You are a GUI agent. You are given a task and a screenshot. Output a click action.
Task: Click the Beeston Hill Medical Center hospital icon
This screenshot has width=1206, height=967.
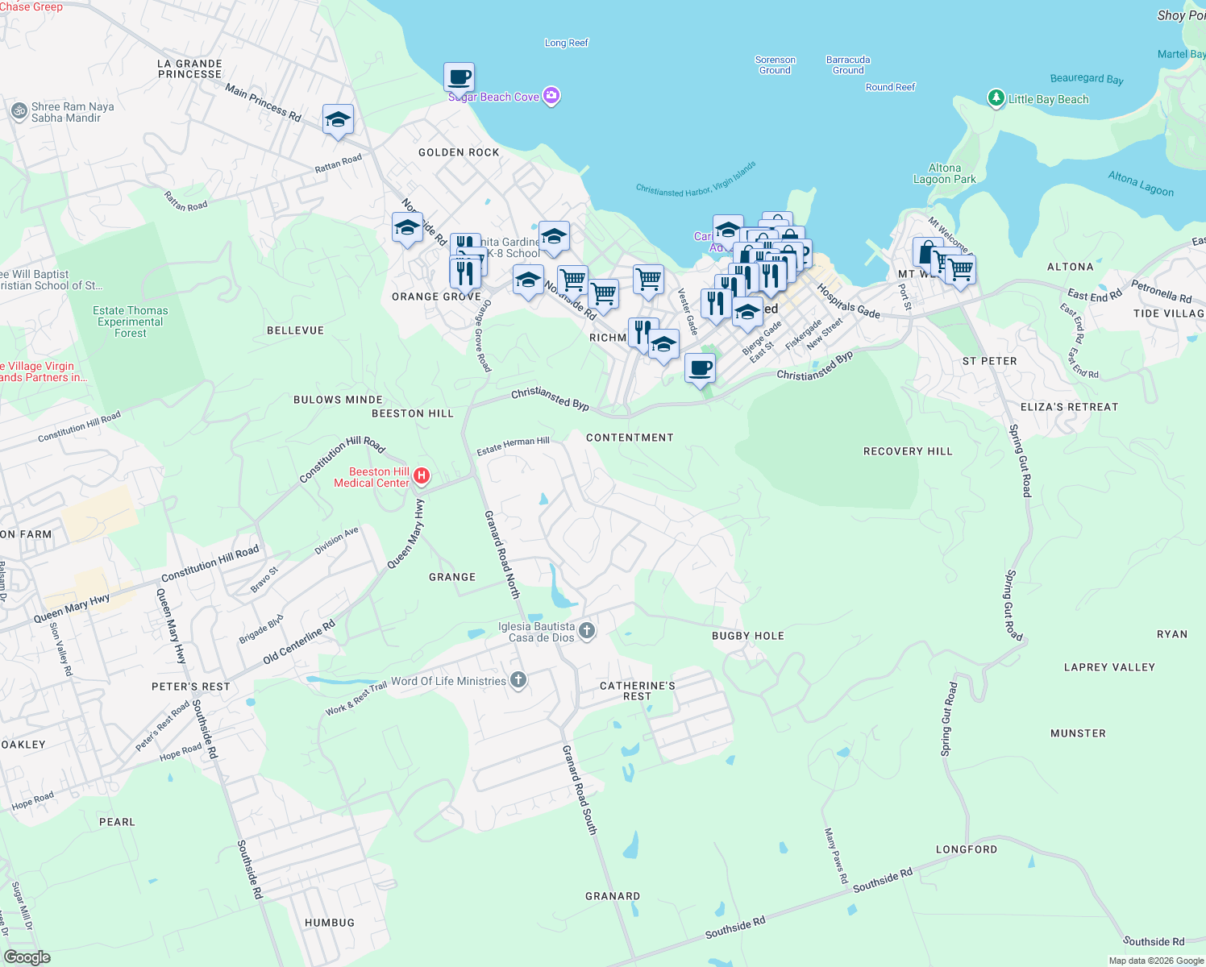point(421,477)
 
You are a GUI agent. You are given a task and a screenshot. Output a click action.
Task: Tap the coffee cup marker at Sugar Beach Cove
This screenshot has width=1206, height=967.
point(459,77)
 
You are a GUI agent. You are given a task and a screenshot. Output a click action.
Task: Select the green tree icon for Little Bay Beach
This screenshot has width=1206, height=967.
point(996,98)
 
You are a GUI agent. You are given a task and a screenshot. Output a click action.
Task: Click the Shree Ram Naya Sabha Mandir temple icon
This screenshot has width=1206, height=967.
point(19,111)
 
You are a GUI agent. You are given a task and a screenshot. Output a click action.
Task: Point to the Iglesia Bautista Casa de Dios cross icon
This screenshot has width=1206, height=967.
point(587,631)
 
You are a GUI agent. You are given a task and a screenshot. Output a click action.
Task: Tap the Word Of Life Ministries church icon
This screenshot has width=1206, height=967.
point(518,681)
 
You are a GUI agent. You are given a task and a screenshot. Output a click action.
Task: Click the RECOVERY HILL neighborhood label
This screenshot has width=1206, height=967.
point(908,451)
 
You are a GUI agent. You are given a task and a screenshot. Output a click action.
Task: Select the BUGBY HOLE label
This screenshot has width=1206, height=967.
point(747,636)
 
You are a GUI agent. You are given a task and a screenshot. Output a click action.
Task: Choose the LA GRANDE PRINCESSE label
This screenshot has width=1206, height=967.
point(189,68)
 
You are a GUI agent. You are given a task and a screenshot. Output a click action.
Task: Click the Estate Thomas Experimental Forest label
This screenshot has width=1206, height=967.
point(131,322)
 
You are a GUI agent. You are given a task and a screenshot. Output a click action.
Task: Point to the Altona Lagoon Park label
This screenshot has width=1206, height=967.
point(944,174)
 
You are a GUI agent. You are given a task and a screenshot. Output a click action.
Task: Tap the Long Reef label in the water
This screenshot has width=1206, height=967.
point(566,43)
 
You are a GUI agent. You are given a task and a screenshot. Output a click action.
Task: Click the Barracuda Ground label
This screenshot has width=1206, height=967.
point(848,65)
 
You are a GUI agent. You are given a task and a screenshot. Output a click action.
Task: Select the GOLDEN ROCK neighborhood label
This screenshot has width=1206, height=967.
point(459,152)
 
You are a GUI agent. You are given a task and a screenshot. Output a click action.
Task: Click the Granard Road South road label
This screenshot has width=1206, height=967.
point(580,789)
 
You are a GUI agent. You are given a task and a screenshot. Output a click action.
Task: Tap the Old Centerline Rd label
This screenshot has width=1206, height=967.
point(298,642)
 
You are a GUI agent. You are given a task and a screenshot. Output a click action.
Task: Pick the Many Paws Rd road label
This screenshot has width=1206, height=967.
point(836,855)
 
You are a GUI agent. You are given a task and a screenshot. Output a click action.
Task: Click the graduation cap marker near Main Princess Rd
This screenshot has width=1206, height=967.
point(338,120)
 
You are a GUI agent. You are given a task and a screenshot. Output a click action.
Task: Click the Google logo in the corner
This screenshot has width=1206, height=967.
point(27,957)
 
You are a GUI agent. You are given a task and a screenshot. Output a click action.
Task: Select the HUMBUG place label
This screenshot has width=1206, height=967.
point(329,923)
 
